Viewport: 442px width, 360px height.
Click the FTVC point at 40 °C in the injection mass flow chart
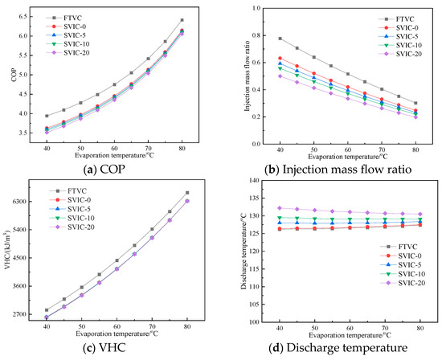click(280, 39)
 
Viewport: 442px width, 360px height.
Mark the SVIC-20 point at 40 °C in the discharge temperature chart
click(279, 208)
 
